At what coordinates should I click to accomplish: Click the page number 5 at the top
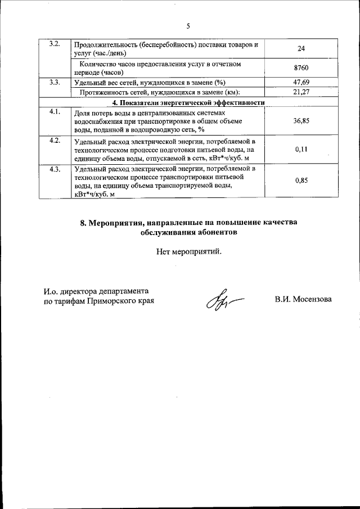188,25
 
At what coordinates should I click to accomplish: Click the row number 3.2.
55,44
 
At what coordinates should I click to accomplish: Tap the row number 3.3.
55,83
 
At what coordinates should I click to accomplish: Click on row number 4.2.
55,141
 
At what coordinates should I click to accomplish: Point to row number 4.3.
55,170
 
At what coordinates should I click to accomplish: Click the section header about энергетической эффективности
188,102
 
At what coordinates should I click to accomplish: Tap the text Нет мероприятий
189,251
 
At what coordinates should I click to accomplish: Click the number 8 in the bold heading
83,223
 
